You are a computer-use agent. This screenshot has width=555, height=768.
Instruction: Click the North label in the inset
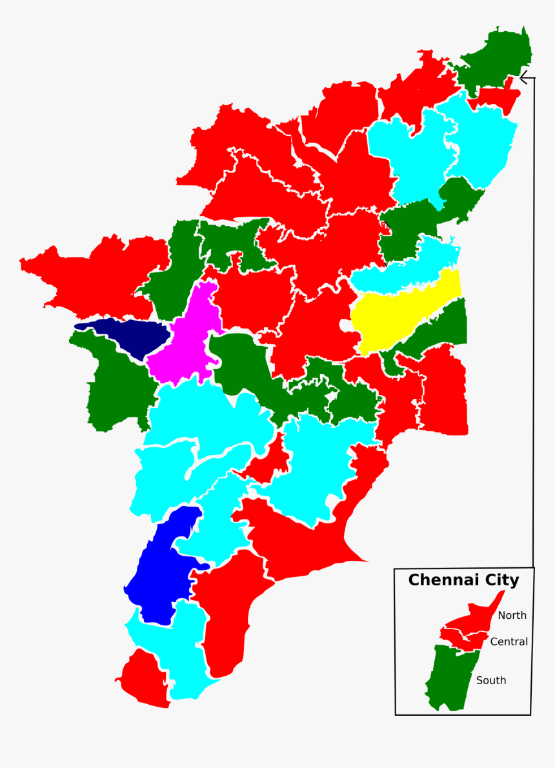pos(512,616)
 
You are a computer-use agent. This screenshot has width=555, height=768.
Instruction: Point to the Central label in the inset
pos(509,642)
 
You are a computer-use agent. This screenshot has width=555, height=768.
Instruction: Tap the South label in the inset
pos(491,680)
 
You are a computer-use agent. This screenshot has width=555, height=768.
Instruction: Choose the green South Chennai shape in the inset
pos(452,678)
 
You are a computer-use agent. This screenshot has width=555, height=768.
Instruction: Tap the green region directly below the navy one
pos(116,387)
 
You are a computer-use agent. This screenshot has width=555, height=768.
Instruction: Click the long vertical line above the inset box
pos(534,323)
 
